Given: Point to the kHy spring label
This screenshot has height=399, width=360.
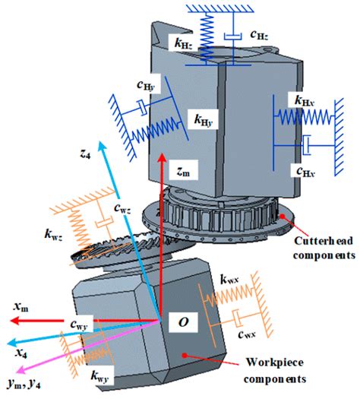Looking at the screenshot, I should point(204,120).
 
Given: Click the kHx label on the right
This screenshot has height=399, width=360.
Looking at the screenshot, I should point(307,100).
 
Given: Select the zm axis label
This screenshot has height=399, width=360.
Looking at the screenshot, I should point(178,173).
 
